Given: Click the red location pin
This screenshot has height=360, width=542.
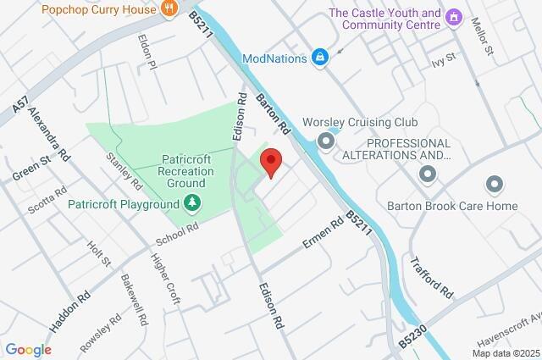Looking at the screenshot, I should pyautogui.click(x=270, y=161).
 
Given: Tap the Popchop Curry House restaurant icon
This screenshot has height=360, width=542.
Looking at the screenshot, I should pyautogui.click(x=169, y=8).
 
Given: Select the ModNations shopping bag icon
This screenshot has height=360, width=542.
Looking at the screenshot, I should pyautogui.click(x=321, y=58).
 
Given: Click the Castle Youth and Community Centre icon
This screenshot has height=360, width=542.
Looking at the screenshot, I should pyautogui.click(x=455, y=17).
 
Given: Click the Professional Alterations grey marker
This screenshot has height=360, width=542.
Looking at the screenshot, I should pyautogui.click(x=428, y=174).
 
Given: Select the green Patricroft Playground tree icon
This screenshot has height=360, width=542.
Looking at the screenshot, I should pyautogui.click(x=193, y=203).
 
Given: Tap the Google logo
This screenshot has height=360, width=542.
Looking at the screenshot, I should pyautogui.click(x=28, y=349).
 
